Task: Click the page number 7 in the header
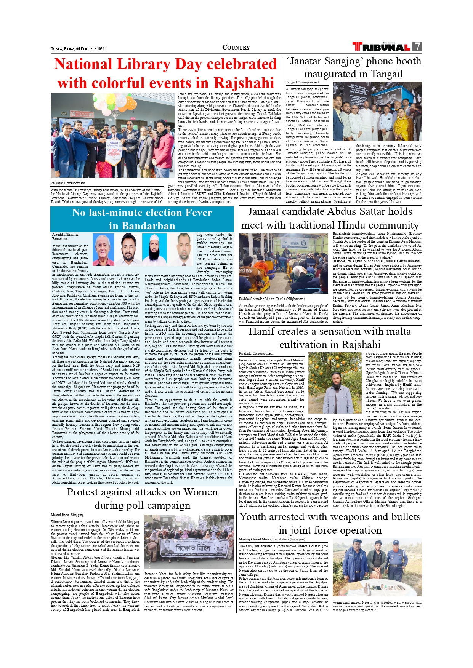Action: pyautogui.click(x=417, y=46)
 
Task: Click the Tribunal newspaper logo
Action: pyautogui.click(x=382, y=47)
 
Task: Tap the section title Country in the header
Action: pyautogui.click(x=236, y=48)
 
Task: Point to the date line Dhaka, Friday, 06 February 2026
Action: pyautogui.click(x=78, y=49)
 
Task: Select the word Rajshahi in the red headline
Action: pyautogui.click(x=244, y=83)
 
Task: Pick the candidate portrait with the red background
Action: pyautogui.click(x=103, y=249)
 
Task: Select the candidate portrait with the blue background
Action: pyautogui.click(x=154, y=249)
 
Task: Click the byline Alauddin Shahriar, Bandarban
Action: pyautogui.click(x=66, y=237)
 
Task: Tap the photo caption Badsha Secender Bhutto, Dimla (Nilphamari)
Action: pyautogui.click(x=272, y=299)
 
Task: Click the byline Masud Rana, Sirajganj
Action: pyautogui.click(x=67, y=515)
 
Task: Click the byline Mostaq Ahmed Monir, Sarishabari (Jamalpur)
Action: pyautogui.click(x=272, y=539)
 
